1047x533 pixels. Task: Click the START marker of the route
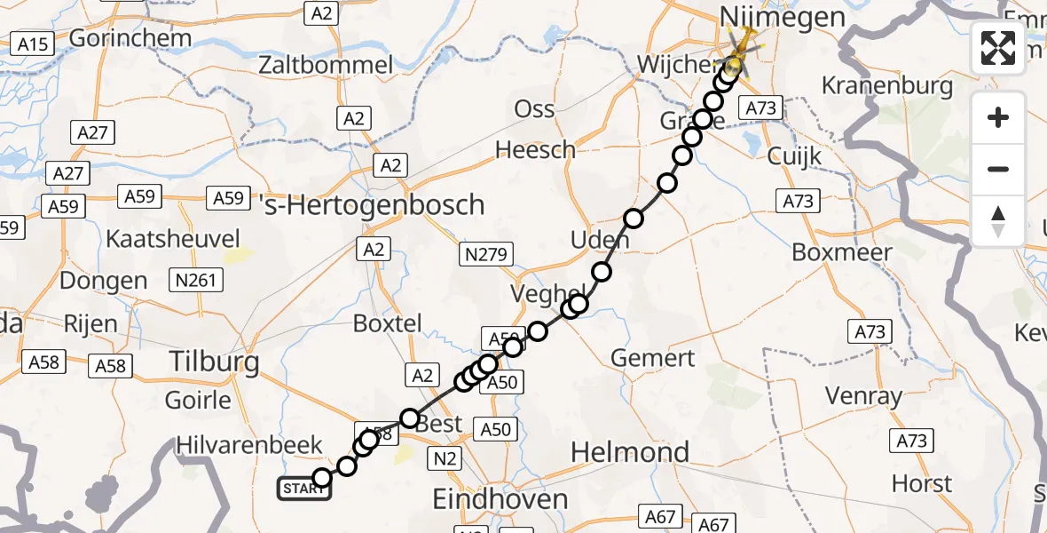304,489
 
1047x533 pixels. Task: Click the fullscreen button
998,48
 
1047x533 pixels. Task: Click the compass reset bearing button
998,221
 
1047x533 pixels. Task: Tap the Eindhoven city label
500,499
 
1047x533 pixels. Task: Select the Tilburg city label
215,362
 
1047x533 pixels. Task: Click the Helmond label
629,452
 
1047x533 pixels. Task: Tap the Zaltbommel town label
326,65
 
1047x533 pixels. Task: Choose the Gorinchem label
130,38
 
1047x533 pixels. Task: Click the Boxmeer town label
841,252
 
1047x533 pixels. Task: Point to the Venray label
863,395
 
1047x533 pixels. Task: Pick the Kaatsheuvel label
173,239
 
